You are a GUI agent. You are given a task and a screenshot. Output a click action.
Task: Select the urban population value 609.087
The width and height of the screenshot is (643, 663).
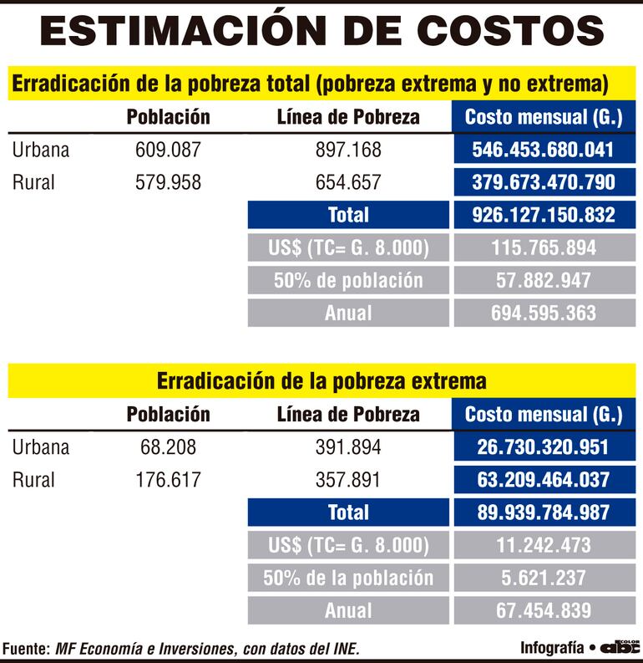(168, 150)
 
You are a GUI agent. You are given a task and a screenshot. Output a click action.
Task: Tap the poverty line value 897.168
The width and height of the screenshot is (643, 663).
(348, 150)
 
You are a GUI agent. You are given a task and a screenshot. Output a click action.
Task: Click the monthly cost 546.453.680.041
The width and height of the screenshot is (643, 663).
(544, 150)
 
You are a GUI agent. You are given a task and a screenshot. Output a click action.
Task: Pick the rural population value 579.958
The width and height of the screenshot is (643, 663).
(168, 182)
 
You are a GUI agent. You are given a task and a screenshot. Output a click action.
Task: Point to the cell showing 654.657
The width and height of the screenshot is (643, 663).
(348, 182)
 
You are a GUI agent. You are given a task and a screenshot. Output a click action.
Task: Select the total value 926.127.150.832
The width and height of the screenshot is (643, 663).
(544, 215)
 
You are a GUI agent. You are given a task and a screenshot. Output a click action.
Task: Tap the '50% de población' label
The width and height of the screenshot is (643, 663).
(348, 280)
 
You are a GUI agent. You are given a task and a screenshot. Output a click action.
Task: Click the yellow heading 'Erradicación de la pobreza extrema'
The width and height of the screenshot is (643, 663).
(321, 381)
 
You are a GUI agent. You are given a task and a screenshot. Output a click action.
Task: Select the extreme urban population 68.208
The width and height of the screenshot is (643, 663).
(168, 447)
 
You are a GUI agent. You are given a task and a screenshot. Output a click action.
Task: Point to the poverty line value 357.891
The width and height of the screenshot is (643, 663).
(348, 480)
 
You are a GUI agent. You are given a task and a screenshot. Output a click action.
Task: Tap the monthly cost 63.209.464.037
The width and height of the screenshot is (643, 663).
(544, 480)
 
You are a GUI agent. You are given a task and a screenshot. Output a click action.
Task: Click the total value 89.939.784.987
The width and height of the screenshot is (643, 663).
(544, 513)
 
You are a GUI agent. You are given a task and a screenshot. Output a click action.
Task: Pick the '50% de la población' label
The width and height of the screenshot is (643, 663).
(348, 578)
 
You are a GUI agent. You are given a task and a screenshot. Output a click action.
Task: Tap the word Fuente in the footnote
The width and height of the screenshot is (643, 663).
(26, 649)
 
